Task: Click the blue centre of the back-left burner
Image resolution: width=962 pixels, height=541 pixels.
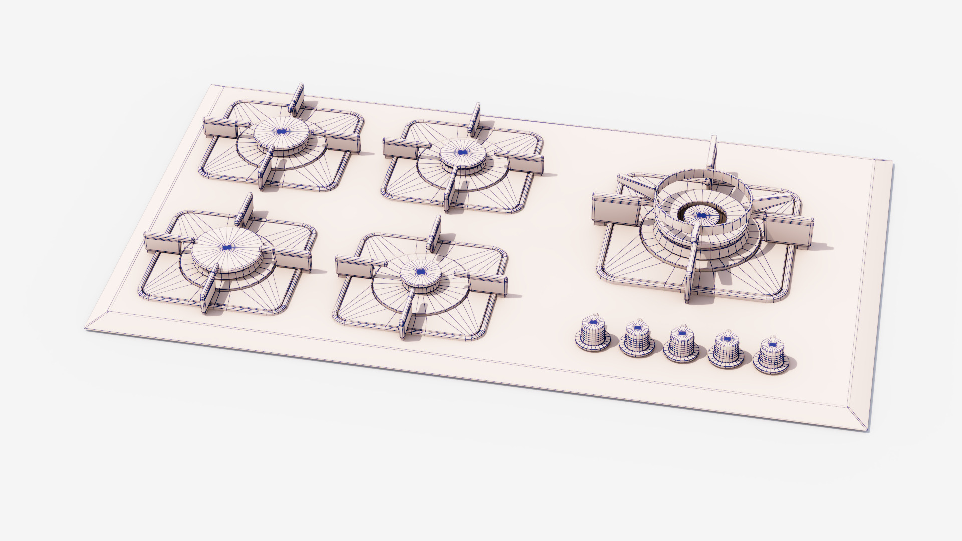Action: click(281, 131)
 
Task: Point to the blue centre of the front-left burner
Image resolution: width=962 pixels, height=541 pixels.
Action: click(227, 247)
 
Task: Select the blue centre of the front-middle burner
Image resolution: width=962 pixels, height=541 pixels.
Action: click(421, 272)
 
